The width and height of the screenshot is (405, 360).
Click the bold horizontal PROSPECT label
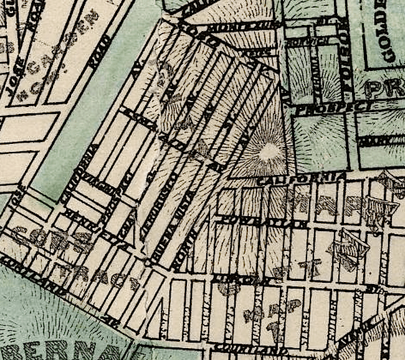click(x=325, y=108)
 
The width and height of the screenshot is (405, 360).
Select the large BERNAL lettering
click(x=62, y=346)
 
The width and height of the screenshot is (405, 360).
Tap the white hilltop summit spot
click(x=269, y=151)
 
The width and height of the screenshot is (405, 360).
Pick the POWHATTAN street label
click(x=262, y=221)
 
